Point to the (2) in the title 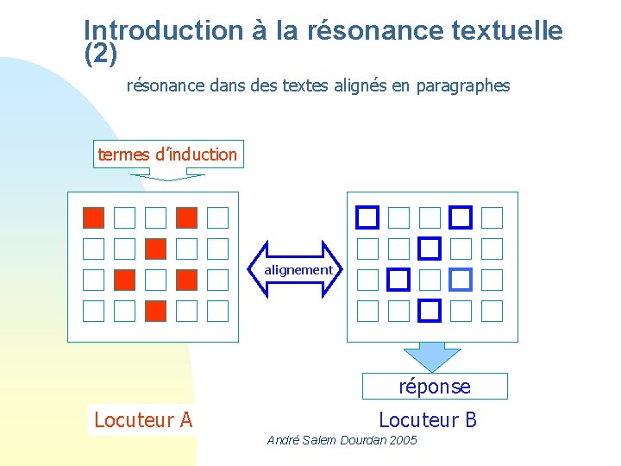(x=100, y=54)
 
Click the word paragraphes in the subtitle (x=464, y=86)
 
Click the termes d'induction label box (x=167, y=154)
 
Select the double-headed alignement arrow (x=298, y=270)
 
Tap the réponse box (x=435, y=387)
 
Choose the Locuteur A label (x=142, y=420)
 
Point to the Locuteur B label (x=427, y=420)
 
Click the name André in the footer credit (x=284, y=440)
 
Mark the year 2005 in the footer (x=401, y=440)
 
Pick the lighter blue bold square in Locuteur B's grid (x=461, y=279)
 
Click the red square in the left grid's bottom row (x=155, y=310)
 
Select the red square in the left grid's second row (x=155, y=249)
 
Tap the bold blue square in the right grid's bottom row (x=430, y=309)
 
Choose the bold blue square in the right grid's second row (x=430, y=249)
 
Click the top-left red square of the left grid (x=94, y=217)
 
